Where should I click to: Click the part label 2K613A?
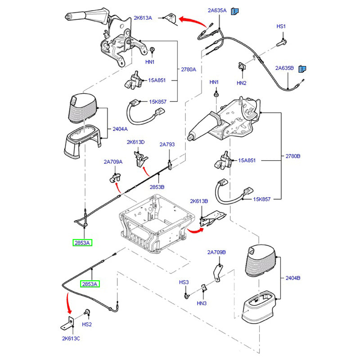click(x=143, y=18)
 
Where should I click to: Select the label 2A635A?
click(x=217, y=10)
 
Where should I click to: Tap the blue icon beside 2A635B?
click(x=303, y=69)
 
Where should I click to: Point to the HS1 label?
click(x=281, y=27)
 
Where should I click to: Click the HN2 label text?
click(x=242, y=83)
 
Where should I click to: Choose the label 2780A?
click(x=189, y=70)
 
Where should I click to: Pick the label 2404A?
click(x=120, y=129)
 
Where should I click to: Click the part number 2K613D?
click(x=135, y=142)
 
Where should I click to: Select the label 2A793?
click(x=167, y=145)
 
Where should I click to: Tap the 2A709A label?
click(x=113, y=162)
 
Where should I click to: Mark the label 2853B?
click(x=157, y=186)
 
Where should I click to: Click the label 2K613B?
click(x=199, y=201)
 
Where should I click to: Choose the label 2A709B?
click(x=216, y=252)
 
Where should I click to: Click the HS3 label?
click(x=184, y=283)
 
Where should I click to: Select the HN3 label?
click(x=202, y=303)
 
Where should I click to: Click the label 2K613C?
click(x=72, y=338)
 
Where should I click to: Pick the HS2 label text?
click(x=87, y=324)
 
